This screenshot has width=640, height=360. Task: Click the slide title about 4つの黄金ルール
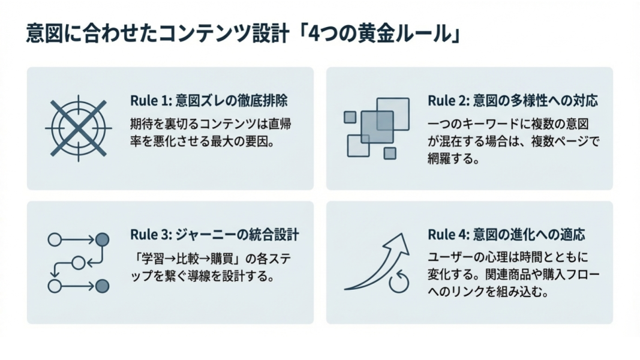(244, 34)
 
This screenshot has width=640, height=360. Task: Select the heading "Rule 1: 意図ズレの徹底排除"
(212, 101)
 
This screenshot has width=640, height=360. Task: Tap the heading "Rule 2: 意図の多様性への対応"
(513, 101)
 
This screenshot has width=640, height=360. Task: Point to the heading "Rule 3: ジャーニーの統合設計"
(214, 235)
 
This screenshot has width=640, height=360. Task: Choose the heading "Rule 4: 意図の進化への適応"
(507, 235)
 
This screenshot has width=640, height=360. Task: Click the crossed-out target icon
(78, 128)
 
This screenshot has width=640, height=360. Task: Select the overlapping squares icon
(377, 128)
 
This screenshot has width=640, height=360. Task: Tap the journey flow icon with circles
(79, 263)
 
